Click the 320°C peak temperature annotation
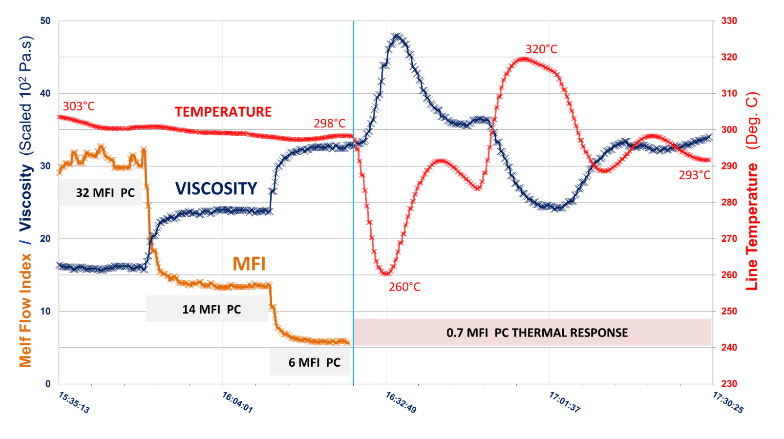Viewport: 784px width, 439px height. point(541,49)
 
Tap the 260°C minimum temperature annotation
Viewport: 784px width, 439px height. point(404,287)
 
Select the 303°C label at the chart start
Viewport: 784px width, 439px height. point(79,106)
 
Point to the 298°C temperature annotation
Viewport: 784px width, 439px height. point(329,124)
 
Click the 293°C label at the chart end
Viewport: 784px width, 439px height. point(695,175)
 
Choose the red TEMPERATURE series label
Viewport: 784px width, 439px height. point(223,112)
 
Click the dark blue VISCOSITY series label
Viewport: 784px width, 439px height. point(216,188)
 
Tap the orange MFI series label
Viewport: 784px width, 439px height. point(249,264)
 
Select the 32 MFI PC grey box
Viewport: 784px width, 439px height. point(101,192)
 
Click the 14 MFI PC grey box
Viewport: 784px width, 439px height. point(207,310)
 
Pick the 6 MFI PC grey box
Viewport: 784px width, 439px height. point(310,362)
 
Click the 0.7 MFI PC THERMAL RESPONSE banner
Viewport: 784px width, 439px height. point(532,333)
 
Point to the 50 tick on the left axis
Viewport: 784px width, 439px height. point(45,21)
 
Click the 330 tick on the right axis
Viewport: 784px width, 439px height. point(729,21)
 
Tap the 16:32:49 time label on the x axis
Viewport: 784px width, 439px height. point(401,402)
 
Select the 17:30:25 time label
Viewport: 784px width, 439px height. point(728,402)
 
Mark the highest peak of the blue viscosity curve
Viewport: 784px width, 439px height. point(398,36)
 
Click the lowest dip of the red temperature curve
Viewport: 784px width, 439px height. point(386,273)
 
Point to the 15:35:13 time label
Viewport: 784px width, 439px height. point(74,402)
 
